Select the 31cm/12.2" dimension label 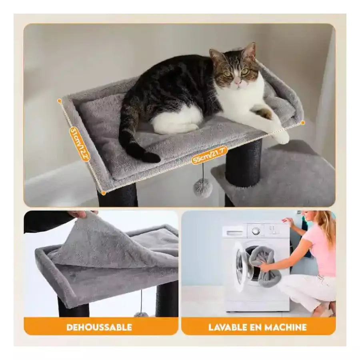(x=79, y=144)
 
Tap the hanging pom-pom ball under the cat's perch (x=203, y=188)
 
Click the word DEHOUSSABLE (x=99, y=327)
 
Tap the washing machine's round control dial (x=256, y=231)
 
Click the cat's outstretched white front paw (x=282, y=137)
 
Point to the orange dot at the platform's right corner (x=303, y=123)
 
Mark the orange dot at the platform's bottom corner (x=104, y=193)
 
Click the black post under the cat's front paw (x=243, y=164)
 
